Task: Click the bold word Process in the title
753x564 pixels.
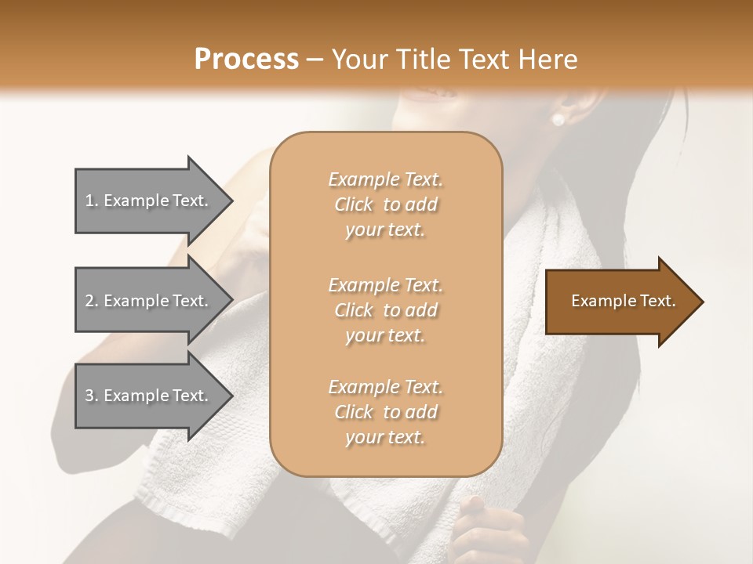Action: click(x=246, y=60)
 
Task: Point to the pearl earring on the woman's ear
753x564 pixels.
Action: click(x=558, y=119)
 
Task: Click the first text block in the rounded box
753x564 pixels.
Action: click(x=385, y=204)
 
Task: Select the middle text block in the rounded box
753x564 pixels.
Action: click(x=385, y=310)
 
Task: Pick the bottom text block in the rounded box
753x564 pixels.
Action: click(x=385, y=412)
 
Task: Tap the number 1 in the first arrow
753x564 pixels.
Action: click(x=89, y=201)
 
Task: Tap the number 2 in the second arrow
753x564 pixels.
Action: click(x=89, y=301)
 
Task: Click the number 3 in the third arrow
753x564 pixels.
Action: click(x=89, y=396)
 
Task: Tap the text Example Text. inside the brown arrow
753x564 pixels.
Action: click(x=623, y=301)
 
